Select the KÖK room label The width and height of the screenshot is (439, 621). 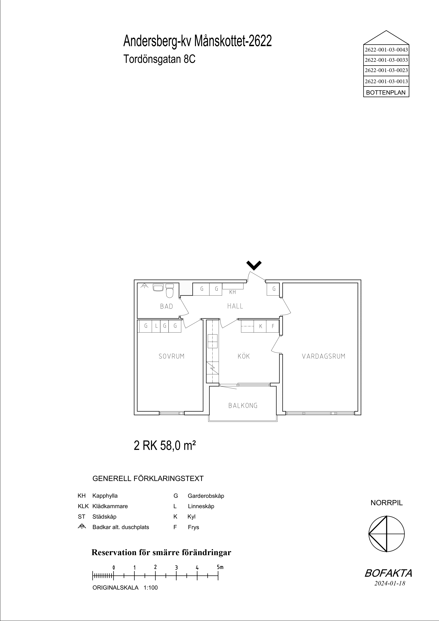pos(244,356)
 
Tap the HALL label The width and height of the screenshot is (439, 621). pos(235,306)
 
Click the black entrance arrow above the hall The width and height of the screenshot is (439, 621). pos(254,266)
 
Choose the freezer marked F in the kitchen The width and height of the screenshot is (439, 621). pos(273,326)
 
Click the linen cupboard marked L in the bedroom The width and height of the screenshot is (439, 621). pos(156,326)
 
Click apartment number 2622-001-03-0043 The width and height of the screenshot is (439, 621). pos(386,50)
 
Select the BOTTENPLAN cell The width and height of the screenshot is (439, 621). pos(386,92)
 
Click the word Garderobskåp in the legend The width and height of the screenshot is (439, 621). pos(206,496)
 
